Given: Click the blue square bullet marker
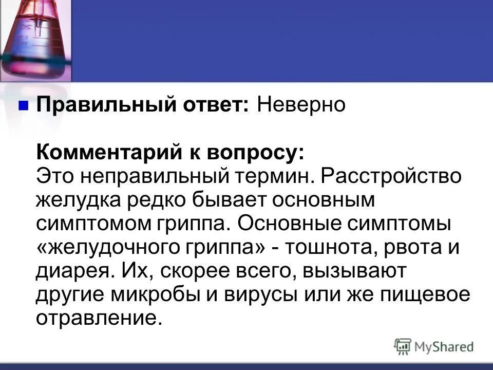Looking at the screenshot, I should coord(23,106).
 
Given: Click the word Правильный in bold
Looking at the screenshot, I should coord(91,106).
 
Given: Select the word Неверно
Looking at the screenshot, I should coord(301,105).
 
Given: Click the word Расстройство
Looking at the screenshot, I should coord(391,176).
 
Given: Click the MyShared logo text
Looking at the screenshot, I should coord(443,347).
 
